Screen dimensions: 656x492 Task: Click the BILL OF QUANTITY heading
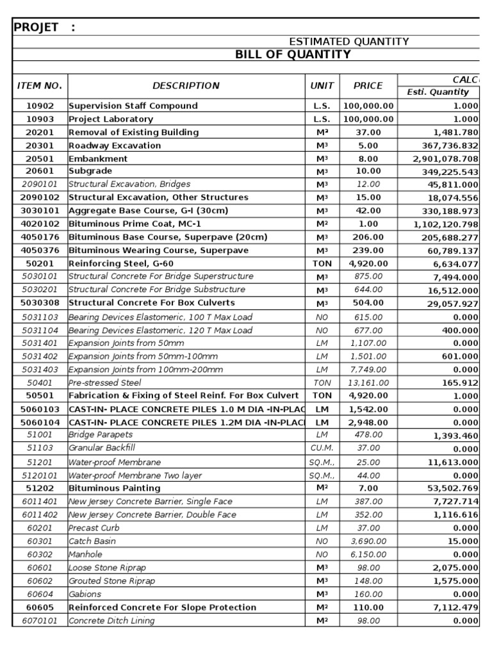(x=293, y=54)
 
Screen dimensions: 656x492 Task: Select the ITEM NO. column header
(x=40, y=86)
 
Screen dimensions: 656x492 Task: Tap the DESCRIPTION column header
(x=186, y=86)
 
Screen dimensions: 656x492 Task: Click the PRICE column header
(x=368, y=86)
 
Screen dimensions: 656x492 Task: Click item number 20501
(x=40, y=158)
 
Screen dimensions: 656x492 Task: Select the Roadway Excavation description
(x=115, y=145)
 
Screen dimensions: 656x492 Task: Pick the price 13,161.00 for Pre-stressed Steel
(x=368, y=382)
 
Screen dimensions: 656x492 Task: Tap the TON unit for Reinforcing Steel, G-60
(x=322, y=263)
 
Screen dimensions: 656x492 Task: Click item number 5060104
(x=40, y=422)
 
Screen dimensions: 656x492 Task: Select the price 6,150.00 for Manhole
(x=368, y=554)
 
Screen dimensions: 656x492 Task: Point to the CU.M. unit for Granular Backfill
(x=322, y=448)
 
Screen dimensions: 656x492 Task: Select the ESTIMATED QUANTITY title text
(x=349, y=42)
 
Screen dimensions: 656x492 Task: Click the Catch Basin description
(x=92, y=541)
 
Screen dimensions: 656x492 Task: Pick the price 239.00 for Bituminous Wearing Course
(x=368, y=250)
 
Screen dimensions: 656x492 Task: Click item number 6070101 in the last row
(x=40, y=621)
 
